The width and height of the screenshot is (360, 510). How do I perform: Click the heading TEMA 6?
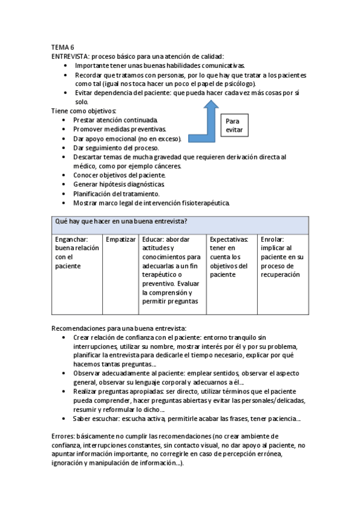coord(63,47)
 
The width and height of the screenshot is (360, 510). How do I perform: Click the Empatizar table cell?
coord(121,239)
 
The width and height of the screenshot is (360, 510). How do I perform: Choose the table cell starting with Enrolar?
coord(282,256)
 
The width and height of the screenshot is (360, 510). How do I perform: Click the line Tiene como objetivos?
coord(84,111)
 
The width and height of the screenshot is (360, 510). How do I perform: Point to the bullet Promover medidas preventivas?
coord(120,129)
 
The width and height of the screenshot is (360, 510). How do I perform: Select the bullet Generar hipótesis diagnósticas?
coord(119,184)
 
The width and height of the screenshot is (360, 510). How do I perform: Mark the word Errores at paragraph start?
coord(65,436)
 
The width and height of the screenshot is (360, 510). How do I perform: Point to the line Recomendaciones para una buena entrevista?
coord(119,328)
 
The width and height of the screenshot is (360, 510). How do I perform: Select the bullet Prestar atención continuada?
coord(115,120)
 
